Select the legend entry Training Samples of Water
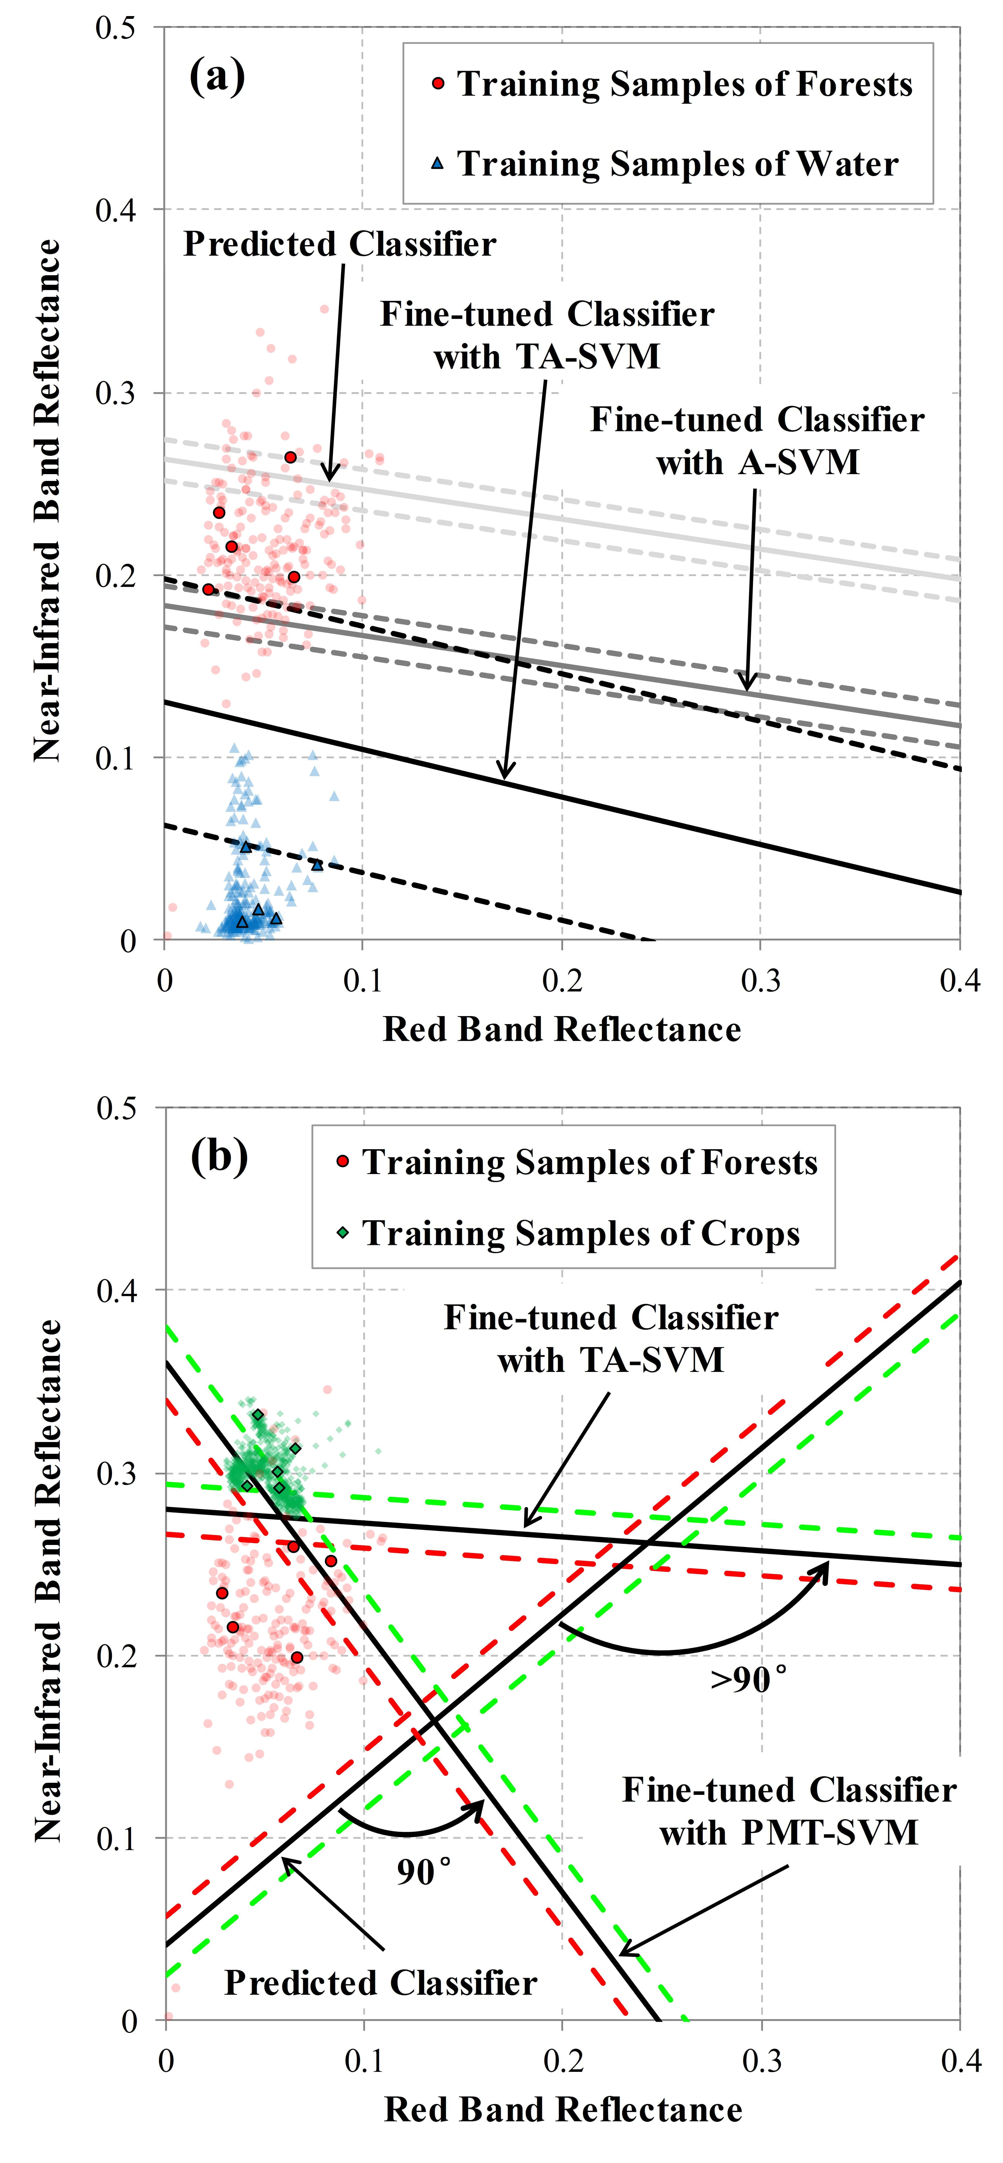[x=677, y=164]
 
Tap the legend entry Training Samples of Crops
[x=581, y=1234]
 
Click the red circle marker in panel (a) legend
[x=437, y=84]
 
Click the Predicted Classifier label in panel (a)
[x=340, y=244]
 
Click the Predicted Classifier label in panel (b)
[x=380, y=1982]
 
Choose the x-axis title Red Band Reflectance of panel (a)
[x=562, y=1029]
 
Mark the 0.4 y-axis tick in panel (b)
[x=117, y=1291]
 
